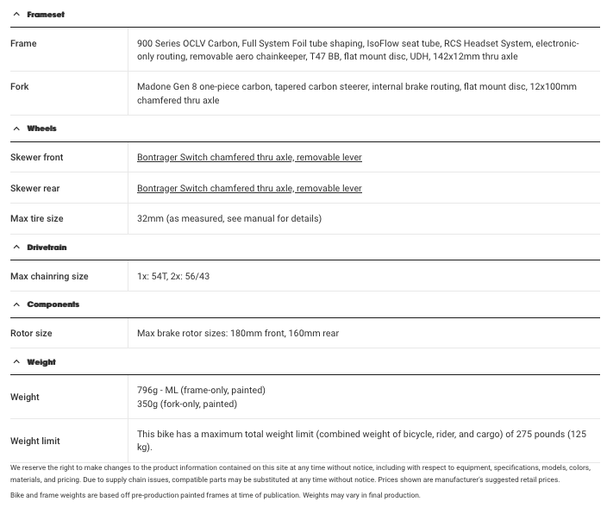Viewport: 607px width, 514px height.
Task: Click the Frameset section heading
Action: click(x=45, y=15)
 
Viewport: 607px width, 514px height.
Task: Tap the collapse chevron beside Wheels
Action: click(x=16, y=128)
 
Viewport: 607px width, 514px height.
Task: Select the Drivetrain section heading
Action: click(x=47, y=248)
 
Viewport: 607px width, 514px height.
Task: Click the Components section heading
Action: click(x=53, y=304)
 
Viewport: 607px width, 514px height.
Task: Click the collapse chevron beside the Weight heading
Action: click(x=16, y=362)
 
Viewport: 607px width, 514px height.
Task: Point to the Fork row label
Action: click(x=20, y=87)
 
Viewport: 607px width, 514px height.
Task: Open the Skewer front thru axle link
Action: click(x=249, y=158)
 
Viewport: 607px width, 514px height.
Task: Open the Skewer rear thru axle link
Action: click(x=249, y=188)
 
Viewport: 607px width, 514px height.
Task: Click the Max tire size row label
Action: click(x=36, y=218)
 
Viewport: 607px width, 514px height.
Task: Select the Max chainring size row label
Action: click(x=49, y=277)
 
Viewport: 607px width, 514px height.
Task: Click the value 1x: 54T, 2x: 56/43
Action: click(x=173, y=277)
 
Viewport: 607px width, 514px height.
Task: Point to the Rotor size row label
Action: click(x=31, y=334)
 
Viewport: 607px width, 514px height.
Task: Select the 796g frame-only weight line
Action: click(x=201, y=391)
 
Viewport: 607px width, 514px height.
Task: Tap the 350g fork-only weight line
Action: click(x=187, y=404)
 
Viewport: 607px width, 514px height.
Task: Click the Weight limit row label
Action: click(x=34, y=441)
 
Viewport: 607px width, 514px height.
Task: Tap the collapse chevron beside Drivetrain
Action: click(x=16, y=248)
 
